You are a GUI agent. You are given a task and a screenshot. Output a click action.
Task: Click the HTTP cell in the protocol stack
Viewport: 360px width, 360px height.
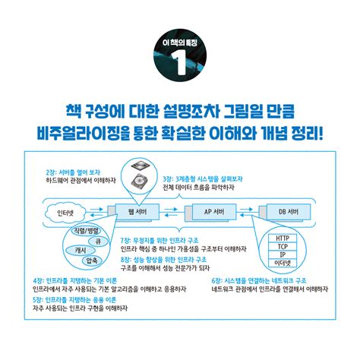point(282,238)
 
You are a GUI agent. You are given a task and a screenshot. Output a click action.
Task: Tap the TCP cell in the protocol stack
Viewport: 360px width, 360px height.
point(282,246)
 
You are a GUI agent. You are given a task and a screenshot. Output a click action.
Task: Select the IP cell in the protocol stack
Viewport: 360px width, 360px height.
point(282,254)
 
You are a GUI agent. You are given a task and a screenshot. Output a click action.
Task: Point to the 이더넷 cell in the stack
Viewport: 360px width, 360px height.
point(282,263)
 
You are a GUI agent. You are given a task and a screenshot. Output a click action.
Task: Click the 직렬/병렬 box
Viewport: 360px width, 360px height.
point(82,229)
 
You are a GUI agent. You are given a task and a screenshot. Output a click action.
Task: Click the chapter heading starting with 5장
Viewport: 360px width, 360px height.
point(79,299)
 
